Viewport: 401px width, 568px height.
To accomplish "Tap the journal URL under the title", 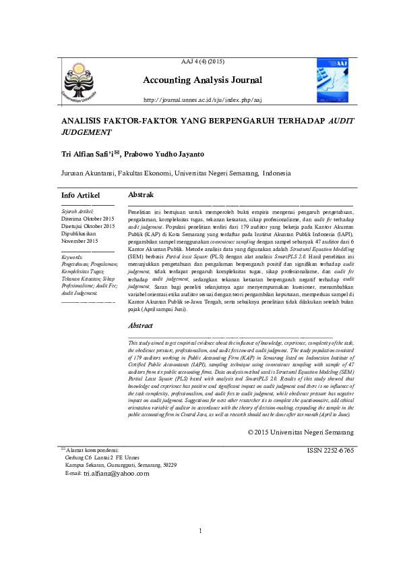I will click(202, 100).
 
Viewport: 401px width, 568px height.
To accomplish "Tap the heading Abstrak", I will click(140, 194).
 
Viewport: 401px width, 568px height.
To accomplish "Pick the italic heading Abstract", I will click(140, 325).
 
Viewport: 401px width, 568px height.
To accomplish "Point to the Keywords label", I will click(71, 257).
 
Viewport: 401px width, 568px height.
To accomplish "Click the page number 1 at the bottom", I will click(201, 531).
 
